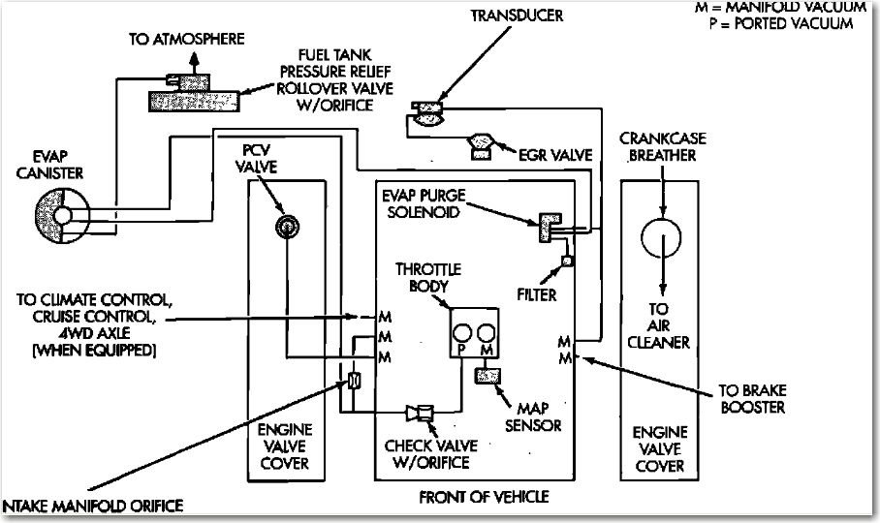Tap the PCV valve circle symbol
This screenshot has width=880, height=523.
point(285,227)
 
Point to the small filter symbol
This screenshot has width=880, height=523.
point(567,261)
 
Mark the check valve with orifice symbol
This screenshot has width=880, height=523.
point(420,414)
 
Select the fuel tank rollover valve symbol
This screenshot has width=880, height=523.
point(194,96)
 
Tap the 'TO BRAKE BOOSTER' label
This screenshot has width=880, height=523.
point(752,399)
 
